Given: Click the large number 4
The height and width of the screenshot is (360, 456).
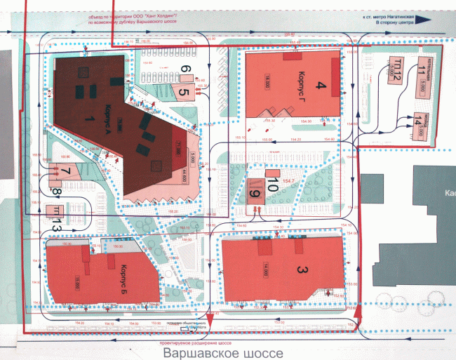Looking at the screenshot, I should click(323, 86).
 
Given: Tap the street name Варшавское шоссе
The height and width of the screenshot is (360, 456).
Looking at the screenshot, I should click(223, 353).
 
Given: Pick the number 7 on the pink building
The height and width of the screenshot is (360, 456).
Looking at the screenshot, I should click(65, 171).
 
